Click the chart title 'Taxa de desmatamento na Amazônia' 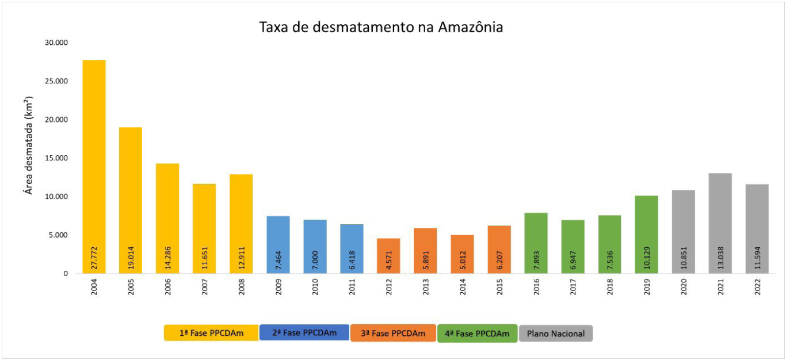point(381,27)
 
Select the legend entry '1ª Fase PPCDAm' point(211,334)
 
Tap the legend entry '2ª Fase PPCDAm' point(304,333)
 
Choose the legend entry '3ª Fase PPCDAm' point(393,334)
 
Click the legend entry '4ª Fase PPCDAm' point(477,334)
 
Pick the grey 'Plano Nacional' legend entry point(555,334)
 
